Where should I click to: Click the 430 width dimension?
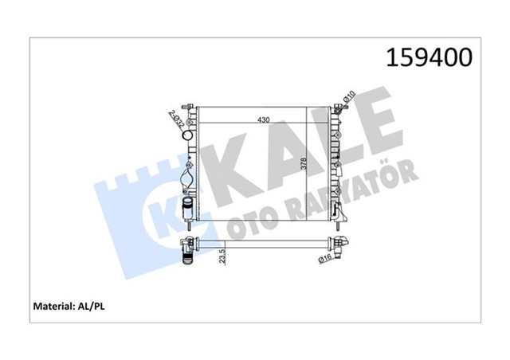pos(262,119)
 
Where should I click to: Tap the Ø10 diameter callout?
pos(347,100)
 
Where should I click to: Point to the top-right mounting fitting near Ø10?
pos(337,108)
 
